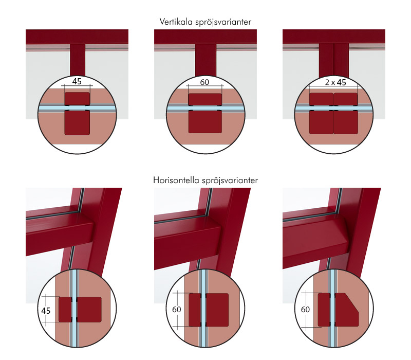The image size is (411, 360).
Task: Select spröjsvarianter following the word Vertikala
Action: (223, 22)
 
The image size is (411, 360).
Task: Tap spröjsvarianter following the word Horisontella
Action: (230, 181)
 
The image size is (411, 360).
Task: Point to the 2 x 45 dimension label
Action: (335, 82)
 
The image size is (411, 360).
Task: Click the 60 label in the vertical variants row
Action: (204, 82)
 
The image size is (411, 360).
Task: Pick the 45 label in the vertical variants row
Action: (77, 81)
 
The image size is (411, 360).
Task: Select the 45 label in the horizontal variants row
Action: (46, 311)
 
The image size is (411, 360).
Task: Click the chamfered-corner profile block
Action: (346, 310)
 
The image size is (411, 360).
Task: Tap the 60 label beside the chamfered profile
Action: (305, 310)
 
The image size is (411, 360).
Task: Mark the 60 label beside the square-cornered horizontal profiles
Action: (177, 310)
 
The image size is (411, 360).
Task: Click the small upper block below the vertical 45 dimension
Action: (77, 98)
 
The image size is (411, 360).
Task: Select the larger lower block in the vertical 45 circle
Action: (77, 122)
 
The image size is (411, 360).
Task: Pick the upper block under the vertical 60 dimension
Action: (205, 99)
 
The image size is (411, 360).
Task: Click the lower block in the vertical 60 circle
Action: (205, 122)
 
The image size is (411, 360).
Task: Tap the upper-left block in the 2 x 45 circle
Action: (322, 99)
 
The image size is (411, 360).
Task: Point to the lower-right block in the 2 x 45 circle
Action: (346, 122)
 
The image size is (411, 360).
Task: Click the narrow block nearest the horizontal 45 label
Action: (65, 310)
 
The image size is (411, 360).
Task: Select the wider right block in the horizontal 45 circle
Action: (89, 310)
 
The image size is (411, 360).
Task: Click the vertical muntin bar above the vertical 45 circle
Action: (78, 60)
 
